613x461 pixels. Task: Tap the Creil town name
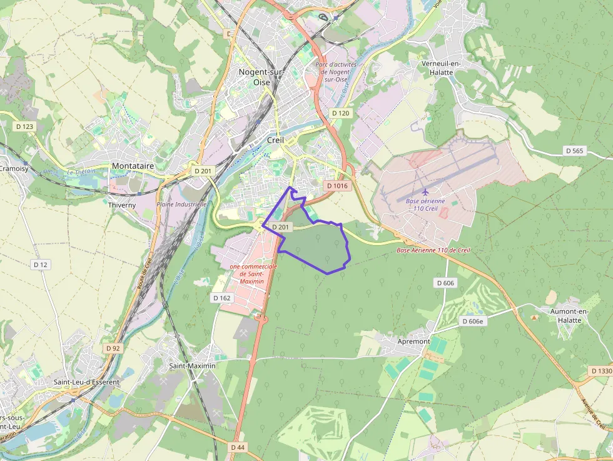(275, 140)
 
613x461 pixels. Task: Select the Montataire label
(133, 166)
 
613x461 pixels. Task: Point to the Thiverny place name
(121, 205)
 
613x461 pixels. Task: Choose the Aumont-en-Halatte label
(565, 316)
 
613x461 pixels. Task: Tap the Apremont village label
(414, 342)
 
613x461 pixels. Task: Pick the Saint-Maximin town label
(192, 365)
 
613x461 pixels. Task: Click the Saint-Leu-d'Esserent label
(86, 382)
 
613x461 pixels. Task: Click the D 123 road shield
(24, 126)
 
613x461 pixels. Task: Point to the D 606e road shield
(474, 322)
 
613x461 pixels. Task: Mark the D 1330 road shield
(601, 371)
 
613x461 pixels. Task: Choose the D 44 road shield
(238, 447)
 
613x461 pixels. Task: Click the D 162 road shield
(222, 298)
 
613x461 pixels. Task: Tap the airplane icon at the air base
(425, 191)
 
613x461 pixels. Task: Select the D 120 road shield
(340, 113)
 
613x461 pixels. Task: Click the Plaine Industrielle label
(181, 205)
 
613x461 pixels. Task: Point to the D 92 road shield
(113, 348)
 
